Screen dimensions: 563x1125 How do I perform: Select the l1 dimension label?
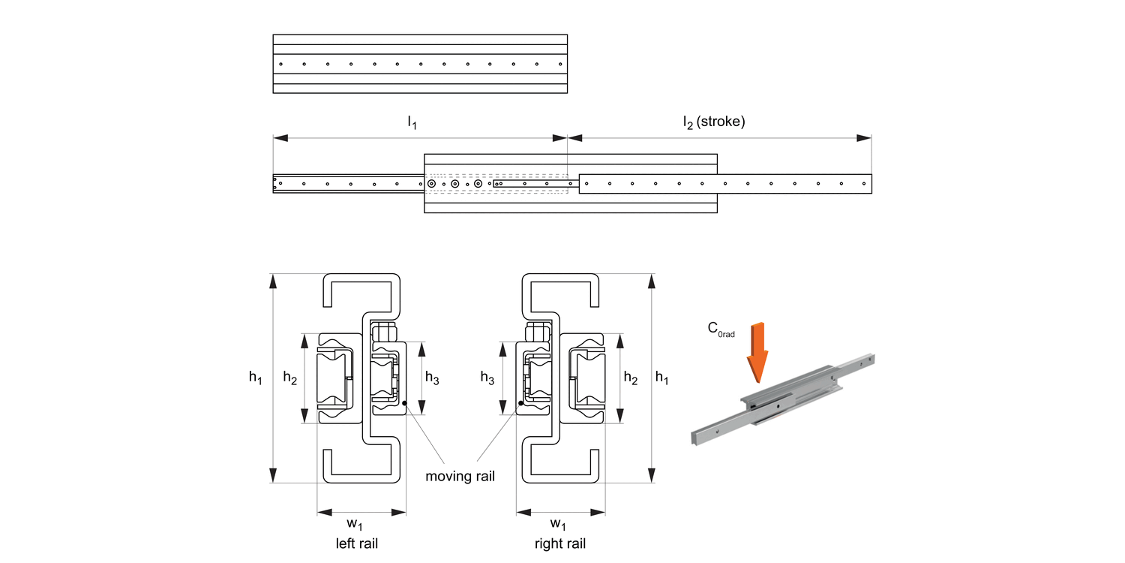coord(412,122)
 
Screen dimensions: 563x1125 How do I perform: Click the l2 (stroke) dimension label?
coord(713,122)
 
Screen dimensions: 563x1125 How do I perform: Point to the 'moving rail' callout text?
coord(460,476)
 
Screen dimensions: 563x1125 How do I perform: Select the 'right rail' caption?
coord(560,543)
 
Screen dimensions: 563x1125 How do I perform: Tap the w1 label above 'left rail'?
coord(361,524)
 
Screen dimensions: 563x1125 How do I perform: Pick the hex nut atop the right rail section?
coord(538,331)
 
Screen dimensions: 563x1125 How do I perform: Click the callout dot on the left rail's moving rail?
coord(405,404)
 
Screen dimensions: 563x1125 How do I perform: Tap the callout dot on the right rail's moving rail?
coord(518,404)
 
